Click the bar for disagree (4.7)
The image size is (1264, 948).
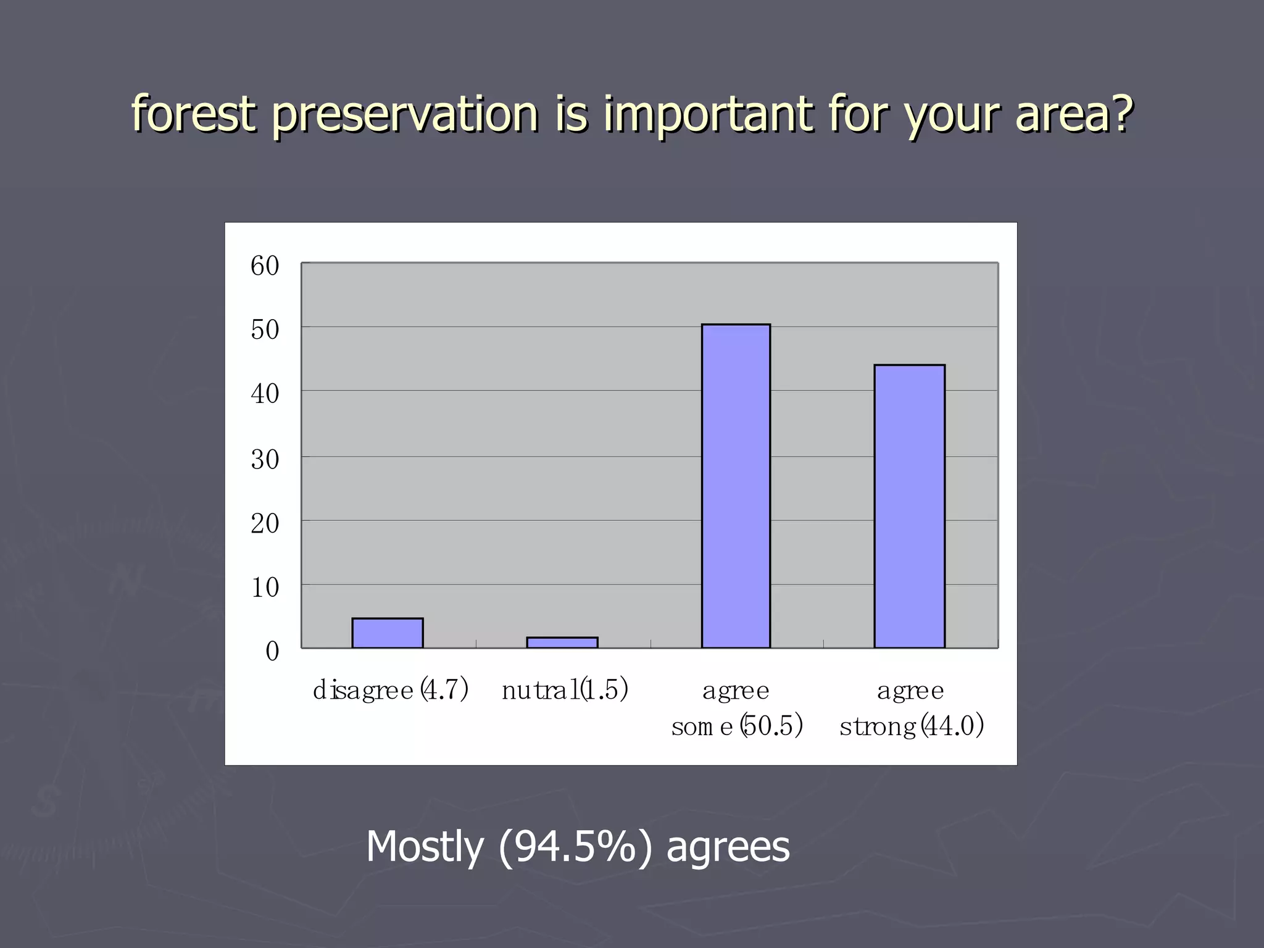[387, 633]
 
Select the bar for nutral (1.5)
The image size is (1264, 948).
[562, 642]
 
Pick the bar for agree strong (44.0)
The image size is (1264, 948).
[909, 506]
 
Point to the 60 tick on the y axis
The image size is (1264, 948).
[265, 266]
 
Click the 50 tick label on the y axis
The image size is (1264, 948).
[265, 330]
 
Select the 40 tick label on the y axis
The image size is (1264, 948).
[265, 394]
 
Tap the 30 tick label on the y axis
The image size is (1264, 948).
[265, 460]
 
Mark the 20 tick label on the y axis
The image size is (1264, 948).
[265, 524]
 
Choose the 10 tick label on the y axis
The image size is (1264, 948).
[265, 588]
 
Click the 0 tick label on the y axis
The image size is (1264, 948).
[272, 652]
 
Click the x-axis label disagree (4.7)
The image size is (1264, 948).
[391, 690]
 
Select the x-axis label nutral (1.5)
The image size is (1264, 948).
[565, 690]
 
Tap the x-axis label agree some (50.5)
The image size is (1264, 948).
[737, 709]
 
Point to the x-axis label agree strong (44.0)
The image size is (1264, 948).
[911, 709]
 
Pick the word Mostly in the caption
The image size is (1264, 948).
[425, 847]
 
